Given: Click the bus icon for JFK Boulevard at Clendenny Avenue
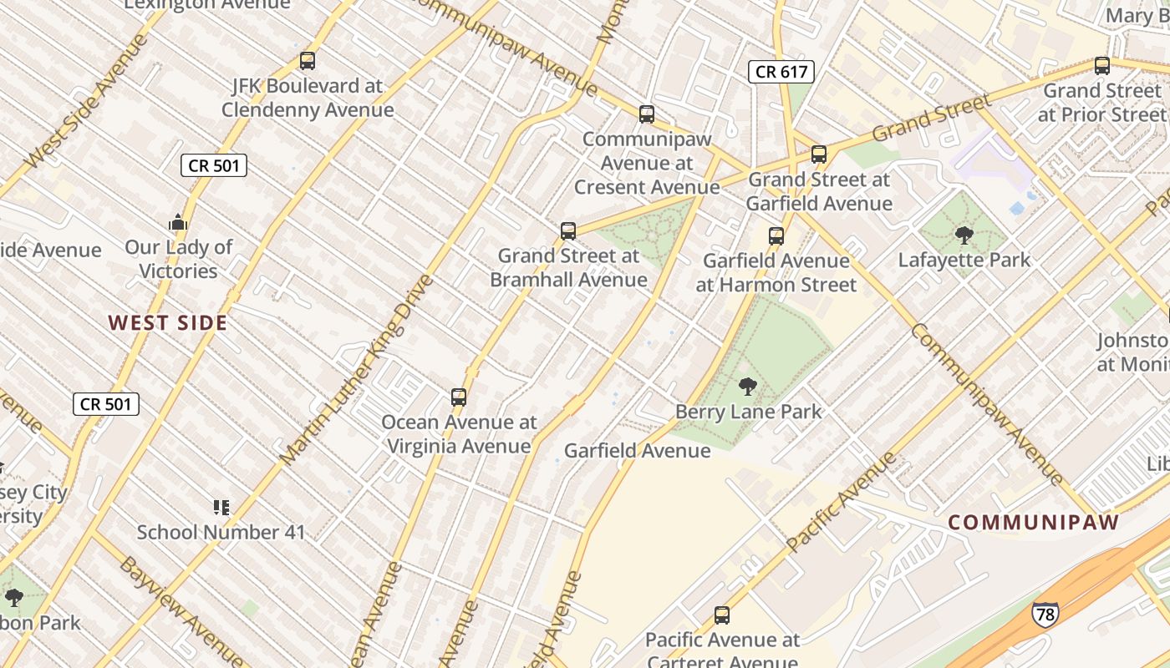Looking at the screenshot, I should [308, 61].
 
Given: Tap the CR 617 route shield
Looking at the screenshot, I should [781, 72].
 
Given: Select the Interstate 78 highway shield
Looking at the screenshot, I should [1045, 614].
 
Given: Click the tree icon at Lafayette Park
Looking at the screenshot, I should [964, 235].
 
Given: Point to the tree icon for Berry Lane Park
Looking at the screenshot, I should [748, 387].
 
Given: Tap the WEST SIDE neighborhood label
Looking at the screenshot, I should [167, 323].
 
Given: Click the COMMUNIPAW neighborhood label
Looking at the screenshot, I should [1033, 523].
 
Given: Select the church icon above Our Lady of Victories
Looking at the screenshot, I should [177, 223].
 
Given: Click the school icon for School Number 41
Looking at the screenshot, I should [221, 507].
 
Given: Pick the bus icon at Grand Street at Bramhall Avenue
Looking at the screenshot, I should [568, 231].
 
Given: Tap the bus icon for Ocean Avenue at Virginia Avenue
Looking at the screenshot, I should [459, 397].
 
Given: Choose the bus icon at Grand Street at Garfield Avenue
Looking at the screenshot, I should [819, 154].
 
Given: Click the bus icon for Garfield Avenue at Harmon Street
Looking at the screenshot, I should [776, 236].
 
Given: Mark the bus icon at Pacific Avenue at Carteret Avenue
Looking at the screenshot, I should [722, 615].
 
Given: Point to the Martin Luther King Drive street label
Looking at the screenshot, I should [357, 369].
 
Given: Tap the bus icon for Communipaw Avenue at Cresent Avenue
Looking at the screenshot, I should [646, 114].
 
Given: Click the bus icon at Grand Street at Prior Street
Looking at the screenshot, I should [1102, 66].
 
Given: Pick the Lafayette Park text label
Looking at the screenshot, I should [964, 260].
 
